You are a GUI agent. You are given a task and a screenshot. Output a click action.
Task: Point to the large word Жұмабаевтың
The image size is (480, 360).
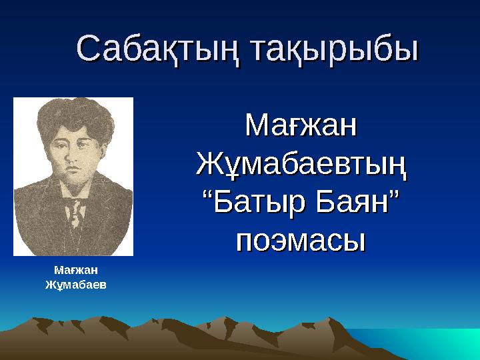point(301,163)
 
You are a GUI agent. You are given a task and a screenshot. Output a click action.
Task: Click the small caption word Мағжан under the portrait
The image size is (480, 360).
point(75,270)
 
